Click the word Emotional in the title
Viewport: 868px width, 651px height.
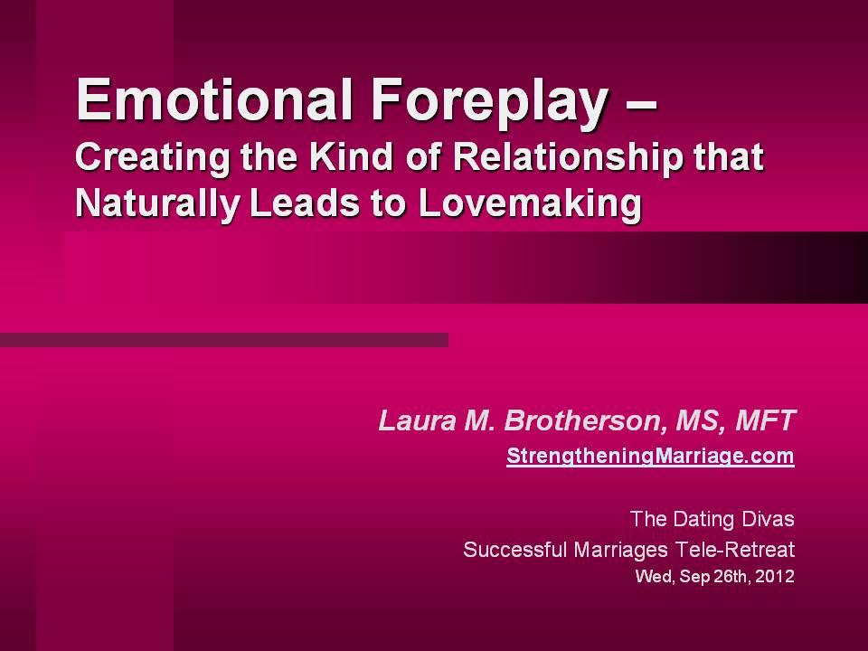pyautogui.click(x=215, y=99)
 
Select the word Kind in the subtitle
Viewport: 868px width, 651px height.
pyautogui.click(x=351, y=156)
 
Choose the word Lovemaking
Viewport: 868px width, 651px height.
pyautogui.click(x=530, y=205)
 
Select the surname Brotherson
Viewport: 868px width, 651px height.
pyautogui.click(x=581, y=421)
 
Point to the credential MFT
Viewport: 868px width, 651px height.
pyautogui.click(x=765, y=420)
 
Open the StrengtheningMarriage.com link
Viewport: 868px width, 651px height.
pyautogui.click(x=650, y=456)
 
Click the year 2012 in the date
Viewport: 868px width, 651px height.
pyautogui.click(x=775, y=576)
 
